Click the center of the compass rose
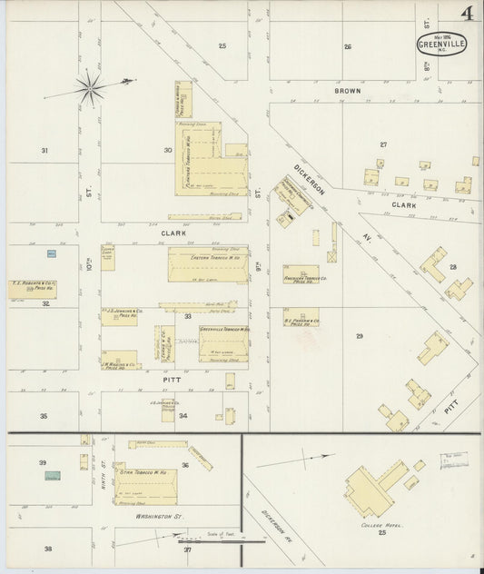coord(91,88)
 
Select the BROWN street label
coord(347,92)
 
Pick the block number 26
coord(347,46)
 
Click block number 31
coord(44,150)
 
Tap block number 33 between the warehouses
coord(187,316)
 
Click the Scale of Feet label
coord(221,534)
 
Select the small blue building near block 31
coord(48,252)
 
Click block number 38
coord(46,549)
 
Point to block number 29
coord(360,337)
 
